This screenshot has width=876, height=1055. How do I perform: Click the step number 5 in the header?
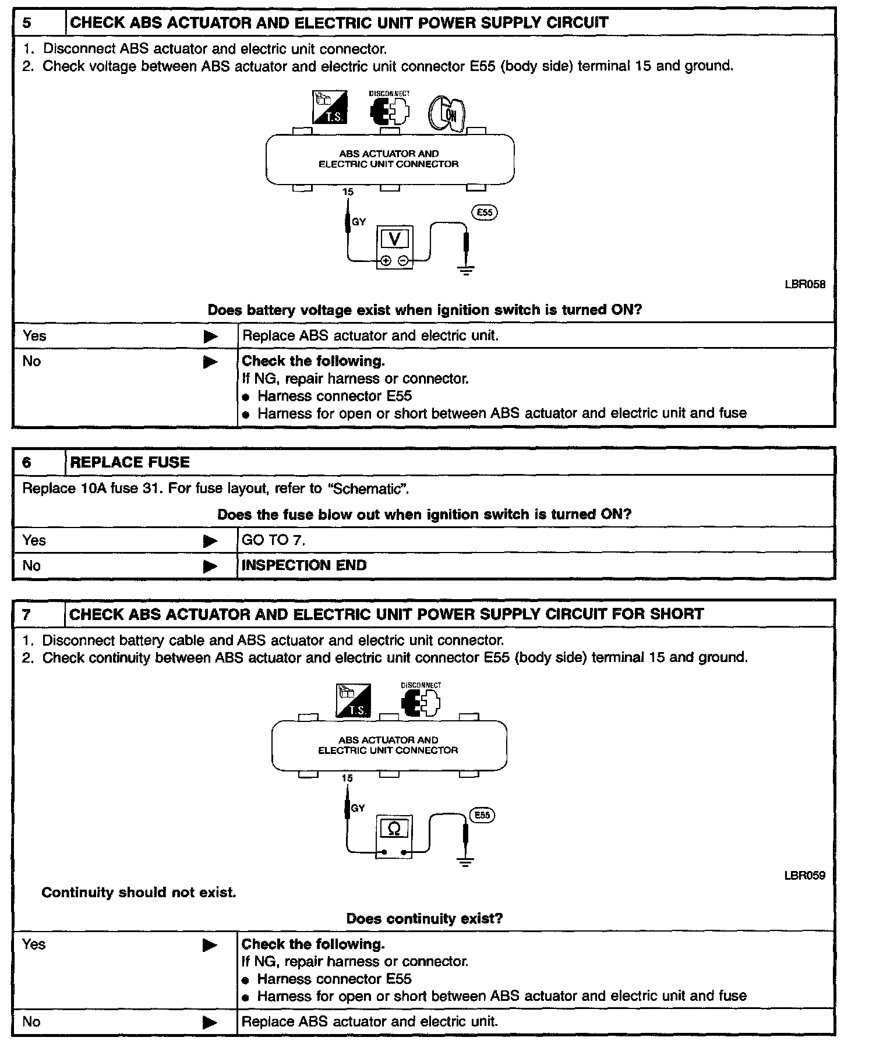tap(27, 23)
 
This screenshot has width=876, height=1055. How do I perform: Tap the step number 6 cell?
tap(27, 462)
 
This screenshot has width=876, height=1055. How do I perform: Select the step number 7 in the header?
tap(27, 614)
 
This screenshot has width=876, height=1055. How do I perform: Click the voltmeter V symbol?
tap(394, 239)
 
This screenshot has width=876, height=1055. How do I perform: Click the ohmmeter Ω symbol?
tap(394, 828)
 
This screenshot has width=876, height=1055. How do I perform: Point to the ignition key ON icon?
tap(447, 113)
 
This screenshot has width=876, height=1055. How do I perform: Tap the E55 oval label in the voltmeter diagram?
tap(485, 213)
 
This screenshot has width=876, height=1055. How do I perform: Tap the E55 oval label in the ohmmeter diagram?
tap(482, 815)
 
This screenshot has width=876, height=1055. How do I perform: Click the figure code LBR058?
tap(805, 285)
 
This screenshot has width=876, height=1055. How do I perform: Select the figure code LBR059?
tap(805, 875)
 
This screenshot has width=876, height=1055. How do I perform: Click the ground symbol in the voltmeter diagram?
tap(466, 270)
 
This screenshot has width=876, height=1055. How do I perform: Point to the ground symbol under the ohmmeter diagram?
tap(465, 862)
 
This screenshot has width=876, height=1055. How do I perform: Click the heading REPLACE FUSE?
tap(130, 462)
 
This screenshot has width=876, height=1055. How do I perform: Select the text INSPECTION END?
tap(304, 565)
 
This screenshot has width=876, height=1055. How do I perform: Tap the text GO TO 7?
tap(273, 540)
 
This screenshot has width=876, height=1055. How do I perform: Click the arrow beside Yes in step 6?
tap(210, 541)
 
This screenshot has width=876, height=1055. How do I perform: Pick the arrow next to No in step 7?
tap(210, 1022)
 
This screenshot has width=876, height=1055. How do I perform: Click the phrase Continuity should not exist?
tap(139, 893)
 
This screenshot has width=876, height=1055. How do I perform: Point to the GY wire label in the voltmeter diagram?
tap(359, 222)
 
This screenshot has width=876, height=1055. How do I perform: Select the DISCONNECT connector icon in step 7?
tap(421, 702)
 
